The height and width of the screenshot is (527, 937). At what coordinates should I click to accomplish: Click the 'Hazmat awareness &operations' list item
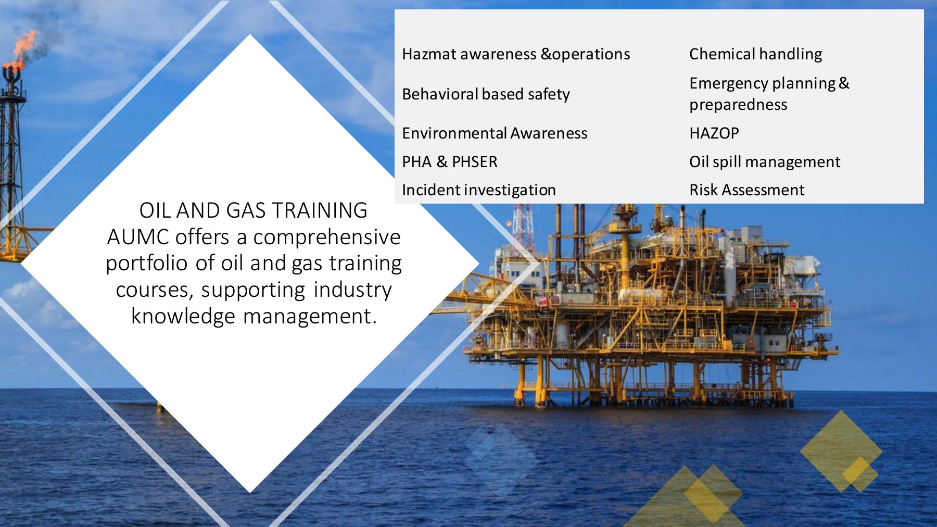click(x=516, y=54)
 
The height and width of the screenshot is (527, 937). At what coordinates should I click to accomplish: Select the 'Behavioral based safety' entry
click(x=486, y=94)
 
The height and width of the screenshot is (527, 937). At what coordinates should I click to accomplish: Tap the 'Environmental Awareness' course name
click(x=495, y=133)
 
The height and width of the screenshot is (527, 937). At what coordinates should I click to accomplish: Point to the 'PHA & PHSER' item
click(x=450, y=162)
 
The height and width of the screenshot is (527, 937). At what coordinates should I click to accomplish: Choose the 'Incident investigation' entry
click(x=479, y=190)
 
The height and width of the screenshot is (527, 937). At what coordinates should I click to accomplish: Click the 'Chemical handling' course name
click(x=755, y=54)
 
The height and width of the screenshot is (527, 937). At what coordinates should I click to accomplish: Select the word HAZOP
click(x=714, y=133)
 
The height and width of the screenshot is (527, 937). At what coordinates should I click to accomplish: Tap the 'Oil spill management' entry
click(x=765, y=162)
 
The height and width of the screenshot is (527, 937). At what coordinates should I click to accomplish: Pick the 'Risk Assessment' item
click(x=746, y=190)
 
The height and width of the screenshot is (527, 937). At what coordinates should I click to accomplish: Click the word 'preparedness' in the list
click(x=738, y=105)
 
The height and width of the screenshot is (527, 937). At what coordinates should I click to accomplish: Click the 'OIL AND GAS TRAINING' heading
click(x=254, y=210)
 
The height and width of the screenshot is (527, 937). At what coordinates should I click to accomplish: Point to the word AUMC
click(x=138, y=237)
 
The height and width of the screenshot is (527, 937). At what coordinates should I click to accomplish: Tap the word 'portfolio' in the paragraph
click(x=147, y=263)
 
